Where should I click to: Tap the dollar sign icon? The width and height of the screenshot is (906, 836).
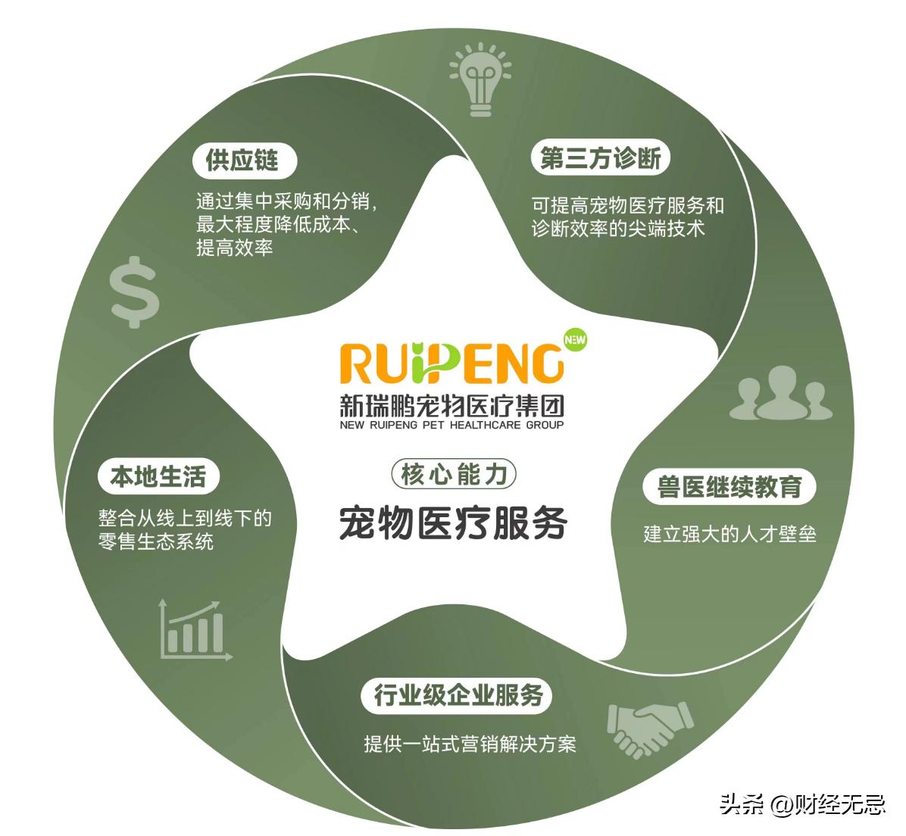click(135, 292)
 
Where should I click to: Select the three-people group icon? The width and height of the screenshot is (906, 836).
click(781, 393)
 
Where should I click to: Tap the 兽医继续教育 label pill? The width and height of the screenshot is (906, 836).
click(729, 487)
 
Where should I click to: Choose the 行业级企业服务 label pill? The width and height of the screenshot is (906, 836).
click(459, 694)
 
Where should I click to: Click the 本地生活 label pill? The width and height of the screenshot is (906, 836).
click(158, 476)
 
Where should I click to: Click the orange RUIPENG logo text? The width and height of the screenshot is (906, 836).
click(452, 364)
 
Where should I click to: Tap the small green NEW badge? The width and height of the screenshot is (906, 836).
click(575, 340)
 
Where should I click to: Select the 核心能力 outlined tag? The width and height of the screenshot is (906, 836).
click(453, 474)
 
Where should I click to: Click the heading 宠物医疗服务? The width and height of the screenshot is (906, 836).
click(453, 523)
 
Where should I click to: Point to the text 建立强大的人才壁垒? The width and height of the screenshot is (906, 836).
click(729, 533)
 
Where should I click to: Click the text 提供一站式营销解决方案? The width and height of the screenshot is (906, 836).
click(470, 743)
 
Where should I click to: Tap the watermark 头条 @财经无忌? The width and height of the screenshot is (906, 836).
click(801, 803)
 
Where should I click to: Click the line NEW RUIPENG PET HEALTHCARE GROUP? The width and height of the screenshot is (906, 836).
click(452, 425)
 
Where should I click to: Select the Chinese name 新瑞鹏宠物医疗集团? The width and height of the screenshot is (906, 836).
click(452, 406)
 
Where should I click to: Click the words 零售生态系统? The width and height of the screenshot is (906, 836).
click(156, 541)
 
